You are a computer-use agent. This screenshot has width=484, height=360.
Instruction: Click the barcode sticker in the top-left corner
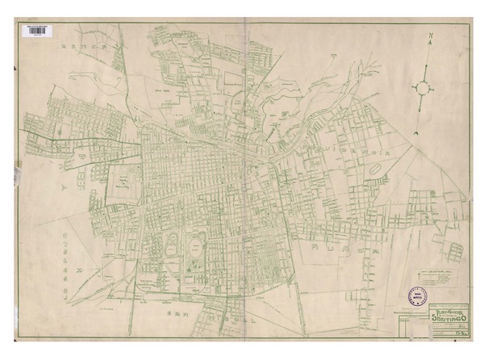tap(37, 31)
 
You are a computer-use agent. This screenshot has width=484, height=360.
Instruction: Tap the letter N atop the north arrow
tap(432, 37)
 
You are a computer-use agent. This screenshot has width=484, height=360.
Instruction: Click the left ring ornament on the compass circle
tap(413, 86)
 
